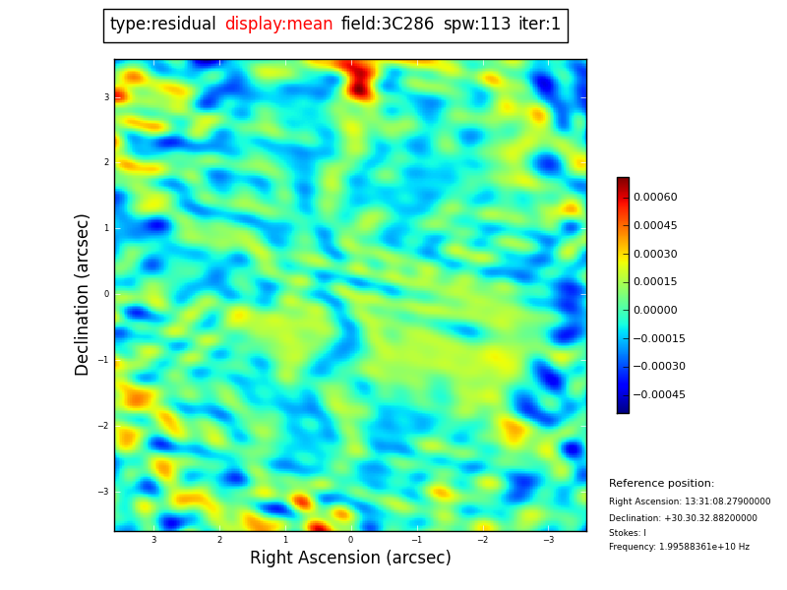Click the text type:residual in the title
[162, 25]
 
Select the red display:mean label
[278, 25]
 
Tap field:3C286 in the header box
[388, 25]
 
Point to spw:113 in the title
[477, 25]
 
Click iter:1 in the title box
[539, 25]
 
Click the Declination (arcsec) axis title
[83, 294]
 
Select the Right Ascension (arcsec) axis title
[350, 559]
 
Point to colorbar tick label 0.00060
[654, 198]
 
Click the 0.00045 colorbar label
[654, 226]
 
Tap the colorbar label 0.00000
[654, 311]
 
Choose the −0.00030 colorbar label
[658, 367]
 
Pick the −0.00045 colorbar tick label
[658, 395]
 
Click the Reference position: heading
[661, 484]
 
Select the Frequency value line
[679, 547]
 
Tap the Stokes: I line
[628, 533]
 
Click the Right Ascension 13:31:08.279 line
[690, 501]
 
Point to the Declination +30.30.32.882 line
[683, 518]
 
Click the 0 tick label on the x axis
[350, 540]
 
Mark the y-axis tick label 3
[106, 97]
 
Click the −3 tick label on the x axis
[548, 540]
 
